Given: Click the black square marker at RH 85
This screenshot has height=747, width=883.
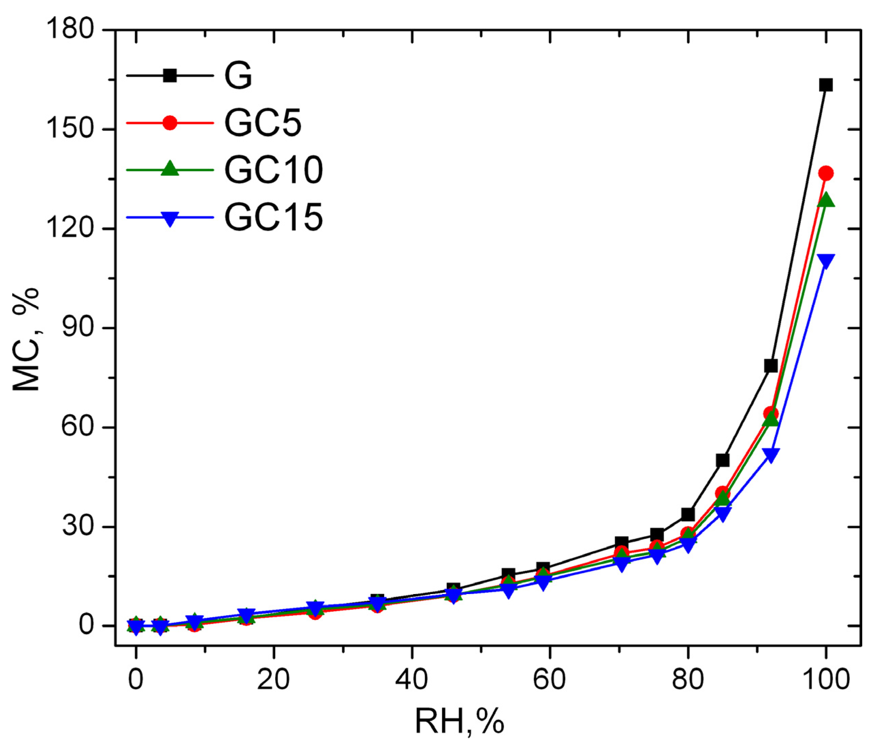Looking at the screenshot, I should click(x=723, y=460).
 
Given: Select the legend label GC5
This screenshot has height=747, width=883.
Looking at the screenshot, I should click(x=263, y=123).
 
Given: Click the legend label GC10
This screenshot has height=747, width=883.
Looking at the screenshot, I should click(x=273, y=170).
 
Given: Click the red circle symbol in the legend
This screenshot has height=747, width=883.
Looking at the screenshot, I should click(x=170, y=123).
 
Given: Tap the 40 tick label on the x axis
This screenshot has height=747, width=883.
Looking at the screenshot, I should click(x=411, y=680).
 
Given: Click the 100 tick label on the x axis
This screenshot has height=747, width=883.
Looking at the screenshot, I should click(x=825, y=680).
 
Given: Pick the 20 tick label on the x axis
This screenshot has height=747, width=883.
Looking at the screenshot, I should click(x=273, y=680).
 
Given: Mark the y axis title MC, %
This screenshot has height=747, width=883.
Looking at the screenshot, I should click(x=26, y=339).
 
